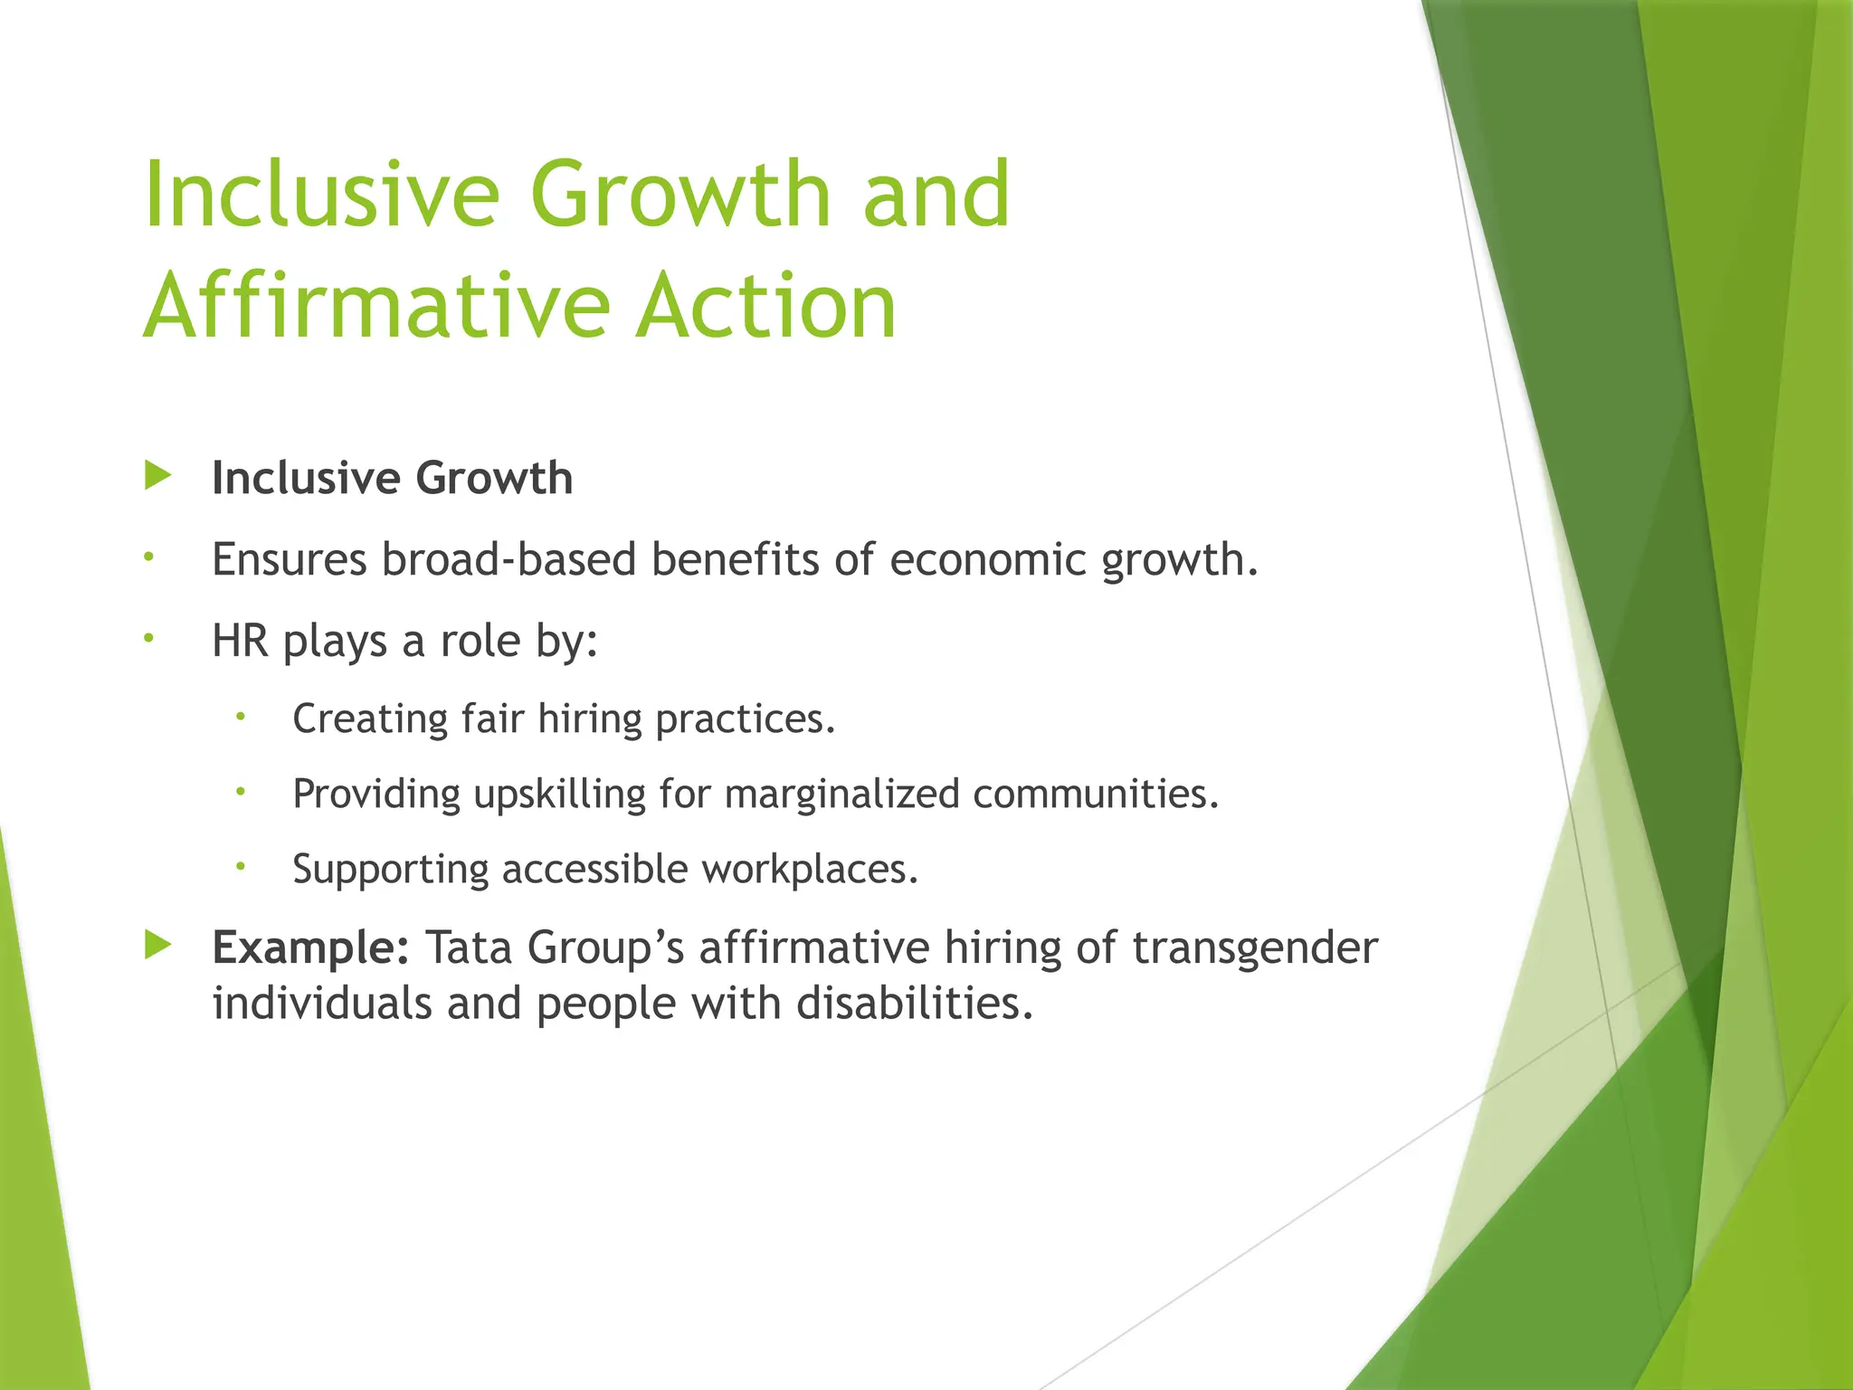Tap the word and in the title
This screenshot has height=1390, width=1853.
point(936,194)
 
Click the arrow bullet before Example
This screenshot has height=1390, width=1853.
point(157,946)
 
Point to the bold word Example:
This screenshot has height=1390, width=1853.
point(310,948)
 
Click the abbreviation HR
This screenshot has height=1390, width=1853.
point(240,642)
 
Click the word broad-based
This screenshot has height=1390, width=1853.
point(508,560)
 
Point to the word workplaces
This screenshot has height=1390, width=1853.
point(810,870)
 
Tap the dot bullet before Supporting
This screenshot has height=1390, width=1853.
point(241,866)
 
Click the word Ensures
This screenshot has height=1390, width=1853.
point(289,560)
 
